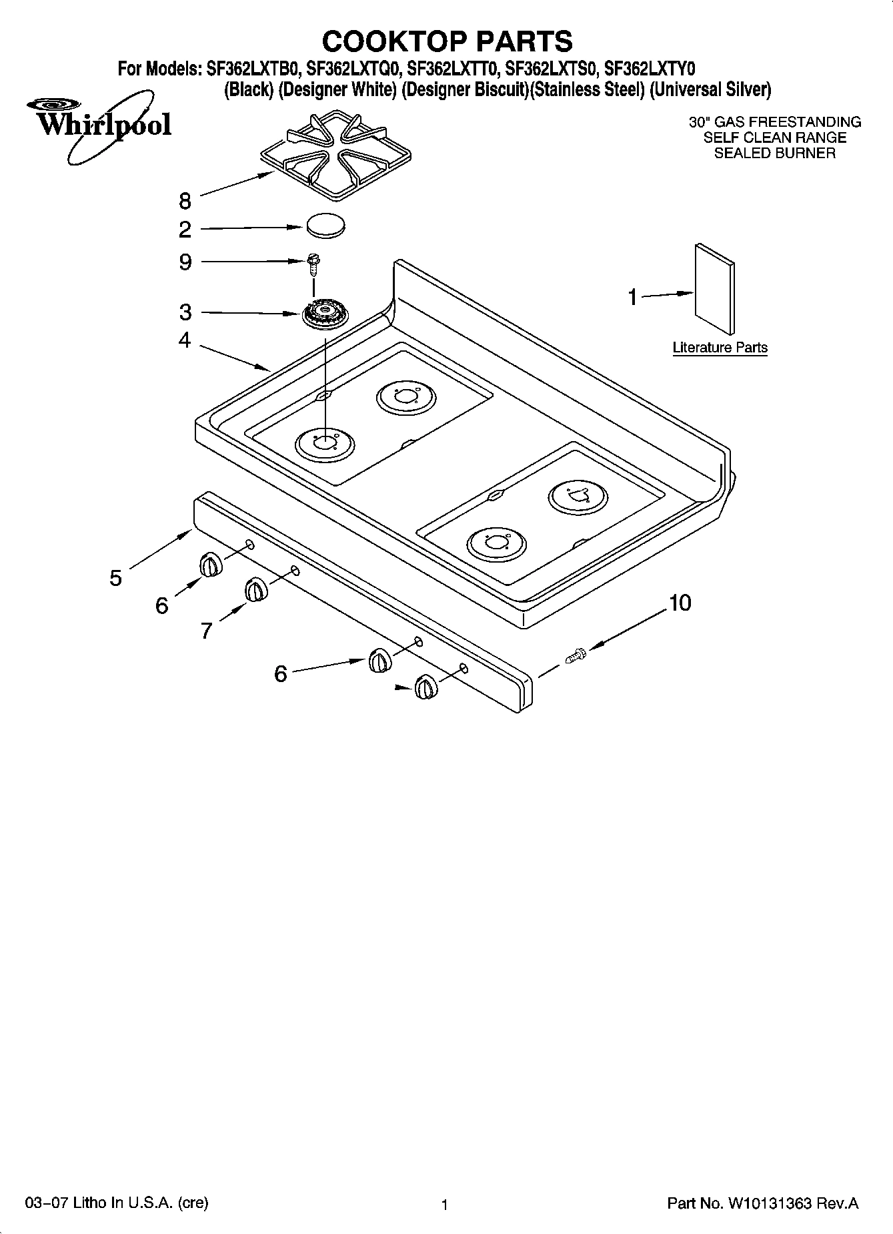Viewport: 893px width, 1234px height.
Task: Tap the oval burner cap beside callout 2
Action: coord(326,225)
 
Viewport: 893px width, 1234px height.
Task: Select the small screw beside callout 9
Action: coord(312,263)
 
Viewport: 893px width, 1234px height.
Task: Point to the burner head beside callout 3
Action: coord(325,313)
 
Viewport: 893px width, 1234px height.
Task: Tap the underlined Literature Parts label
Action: coord(720,348)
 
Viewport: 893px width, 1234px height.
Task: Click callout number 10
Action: coord(680,603)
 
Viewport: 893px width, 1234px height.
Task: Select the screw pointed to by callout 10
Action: coord(575,655)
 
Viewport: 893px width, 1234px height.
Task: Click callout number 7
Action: coord(206,630)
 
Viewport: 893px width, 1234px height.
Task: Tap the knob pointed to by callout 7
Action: coord(255,590)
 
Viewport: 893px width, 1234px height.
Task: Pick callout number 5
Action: coord(116,578)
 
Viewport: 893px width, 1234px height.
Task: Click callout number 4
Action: coord(185,340)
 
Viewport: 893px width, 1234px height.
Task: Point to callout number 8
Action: coord(185,201)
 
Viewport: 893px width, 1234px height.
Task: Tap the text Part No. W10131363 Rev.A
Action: coord(763,1203)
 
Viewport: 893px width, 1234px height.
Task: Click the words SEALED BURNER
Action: coord(774,153)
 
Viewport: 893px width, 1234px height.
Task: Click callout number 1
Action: coord(632,298)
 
